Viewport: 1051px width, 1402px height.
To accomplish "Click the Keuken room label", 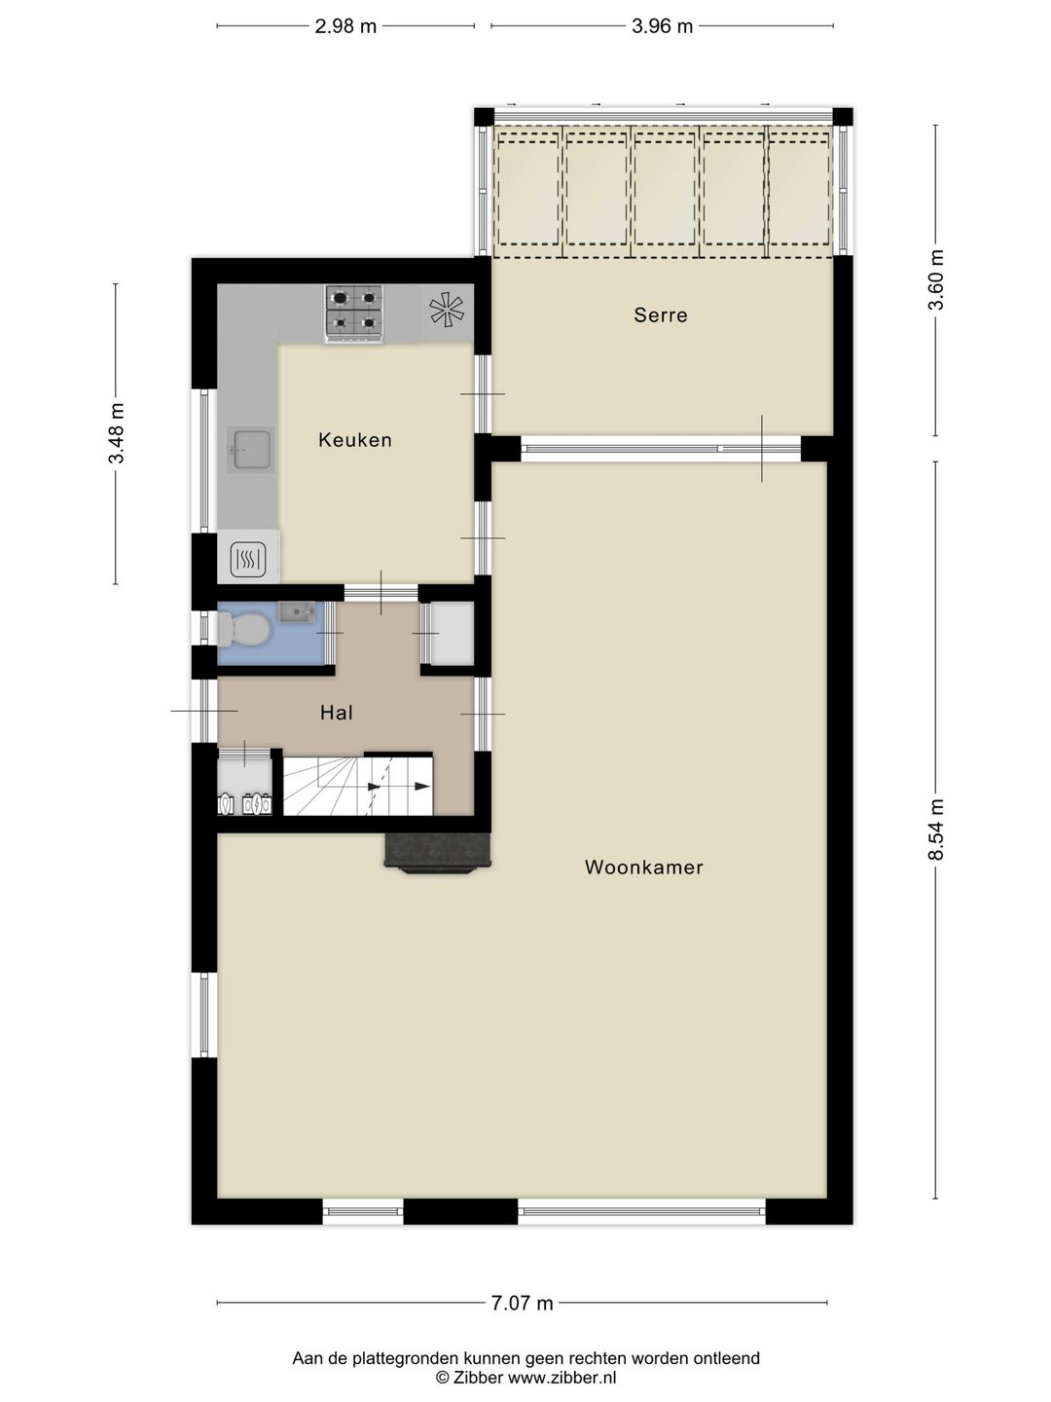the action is pyautogui.click(x=355, y=440).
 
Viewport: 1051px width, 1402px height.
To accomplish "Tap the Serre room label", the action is pyautogui.click(x=661, y=314).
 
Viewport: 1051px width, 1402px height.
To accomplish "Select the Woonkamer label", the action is pyautogui.click(x=644, y=867).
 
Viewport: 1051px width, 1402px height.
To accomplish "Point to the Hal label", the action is pyautogui.click(x=337, y=713).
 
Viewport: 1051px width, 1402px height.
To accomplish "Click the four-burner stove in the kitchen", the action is pyautogui.click(x=354, y=314).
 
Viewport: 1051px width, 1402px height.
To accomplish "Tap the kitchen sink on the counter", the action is pyautogui.click(x=251, y=450).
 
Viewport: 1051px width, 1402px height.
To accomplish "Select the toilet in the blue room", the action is pyautogui.click(x=242, y=629).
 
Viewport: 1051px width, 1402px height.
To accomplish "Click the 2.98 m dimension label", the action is pyautogui.click(x=345, y=26).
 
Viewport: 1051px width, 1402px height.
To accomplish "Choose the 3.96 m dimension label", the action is pyautogui.click(x=662, y=26).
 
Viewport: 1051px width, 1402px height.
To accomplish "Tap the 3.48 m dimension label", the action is pyautogui.click(x=116, y=433).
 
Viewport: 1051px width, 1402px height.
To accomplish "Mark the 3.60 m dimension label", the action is pyautogui.click(x=935, y=279).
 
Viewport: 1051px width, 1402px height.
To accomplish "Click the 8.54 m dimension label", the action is pyautogui.click(x=935, y=830).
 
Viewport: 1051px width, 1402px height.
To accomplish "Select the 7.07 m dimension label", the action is pyautogui.click(x=522, y=1303).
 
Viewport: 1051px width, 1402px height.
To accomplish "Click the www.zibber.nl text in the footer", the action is pyautogui.click(x=562, y=1377).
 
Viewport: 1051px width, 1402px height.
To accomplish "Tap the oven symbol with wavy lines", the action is pyautogui.click(x=247, y=560).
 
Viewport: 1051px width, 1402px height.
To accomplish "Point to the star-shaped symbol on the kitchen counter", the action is pyautogui.click(x=447, y=311).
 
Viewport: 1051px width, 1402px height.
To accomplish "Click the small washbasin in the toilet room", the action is pyautogui.click(x=298, y=612).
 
